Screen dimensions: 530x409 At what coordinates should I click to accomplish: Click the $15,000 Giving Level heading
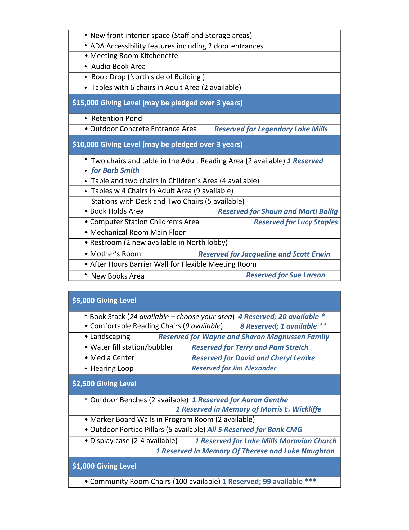(x=157, y=103)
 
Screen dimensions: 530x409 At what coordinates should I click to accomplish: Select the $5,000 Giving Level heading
(x=104, y=301)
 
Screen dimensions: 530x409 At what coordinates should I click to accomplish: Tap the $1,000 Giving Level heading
(x=104, y=466)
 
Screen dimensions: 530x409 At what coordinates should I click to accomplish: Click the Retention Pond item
(x=116, y=118)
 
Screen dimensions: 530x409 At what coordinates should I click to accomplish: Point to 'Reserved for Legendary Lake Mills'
(x=271, y=129)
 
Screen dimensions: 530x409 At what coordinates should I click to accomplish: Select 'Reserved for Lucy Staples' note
(x=296, y=222)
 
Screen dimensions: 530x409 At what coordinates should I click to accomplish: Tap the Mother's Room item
(x=115, y=254)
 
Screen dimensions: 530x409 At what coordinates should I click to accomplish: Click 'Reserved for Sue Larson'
(x=285, y=275)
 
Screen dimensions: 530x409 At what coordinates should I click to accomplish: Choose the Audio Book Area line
(x=118, y=67)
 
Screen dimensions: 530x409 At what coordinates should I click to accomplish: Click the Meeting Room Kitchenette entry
(x=134, y=56)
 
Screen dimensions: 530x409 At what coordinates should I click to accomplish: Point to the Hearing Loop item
(x=112, y=368)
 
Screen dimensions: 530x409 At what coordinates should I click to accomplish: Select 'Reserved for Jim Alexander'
(x=234, y=368)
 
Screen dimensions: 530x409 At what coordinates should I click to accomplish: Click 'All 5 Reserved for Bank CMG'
(x=254, y=430)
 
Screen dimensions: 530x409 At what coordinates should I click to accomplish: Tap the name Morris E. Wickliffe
(x=291, y=409)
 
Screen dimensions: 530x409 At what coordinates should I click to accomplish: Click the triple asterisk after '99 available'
(x=311, y=481)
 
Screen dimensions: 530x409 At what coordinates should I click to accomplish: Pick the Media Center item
(x=112, y=358)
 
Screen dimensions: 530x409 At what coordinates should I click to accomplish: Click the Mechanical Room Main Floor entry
(x=138, y=232)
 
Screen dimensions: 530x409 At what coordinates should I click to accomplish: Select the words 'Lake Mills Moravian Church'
(x=290, y=441)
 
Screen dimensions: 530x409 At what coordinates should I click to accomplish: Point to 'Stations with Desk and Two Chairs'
(x=147, y=201)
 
